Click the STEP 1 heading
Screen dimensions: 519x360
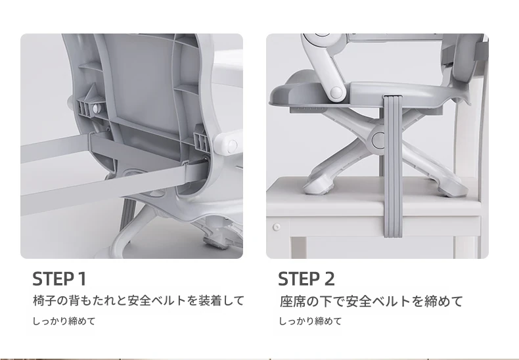tap(59, 279)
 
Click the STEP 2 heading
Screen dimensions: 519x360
tap(306, 279)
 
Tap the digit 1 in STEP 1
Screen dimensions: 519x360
tap(82, 279)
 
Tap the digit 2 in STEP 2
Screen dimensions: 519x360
tap(329, 279)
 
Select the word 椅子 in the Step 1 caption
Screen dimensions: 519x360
tap(45, 300)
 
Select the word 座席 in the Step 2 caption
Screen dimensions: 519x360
tap(292, 301)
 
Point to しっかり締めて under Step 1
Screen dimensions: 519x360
tap(64, 321)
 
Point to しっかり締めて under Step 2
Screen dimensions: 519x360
tap(310, 321)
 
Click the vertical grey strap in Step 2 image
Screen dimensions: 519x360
tap(393, 166)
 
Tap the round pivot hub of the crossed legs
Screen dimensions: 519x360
tap(379, 140)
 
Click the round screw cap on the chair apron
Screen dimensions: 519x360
tap(277, 227)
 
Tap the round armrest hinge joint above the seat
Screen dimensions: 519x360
tap(336, 92)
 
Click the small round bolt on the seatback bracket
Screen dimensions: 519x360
tap(96, 108)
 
